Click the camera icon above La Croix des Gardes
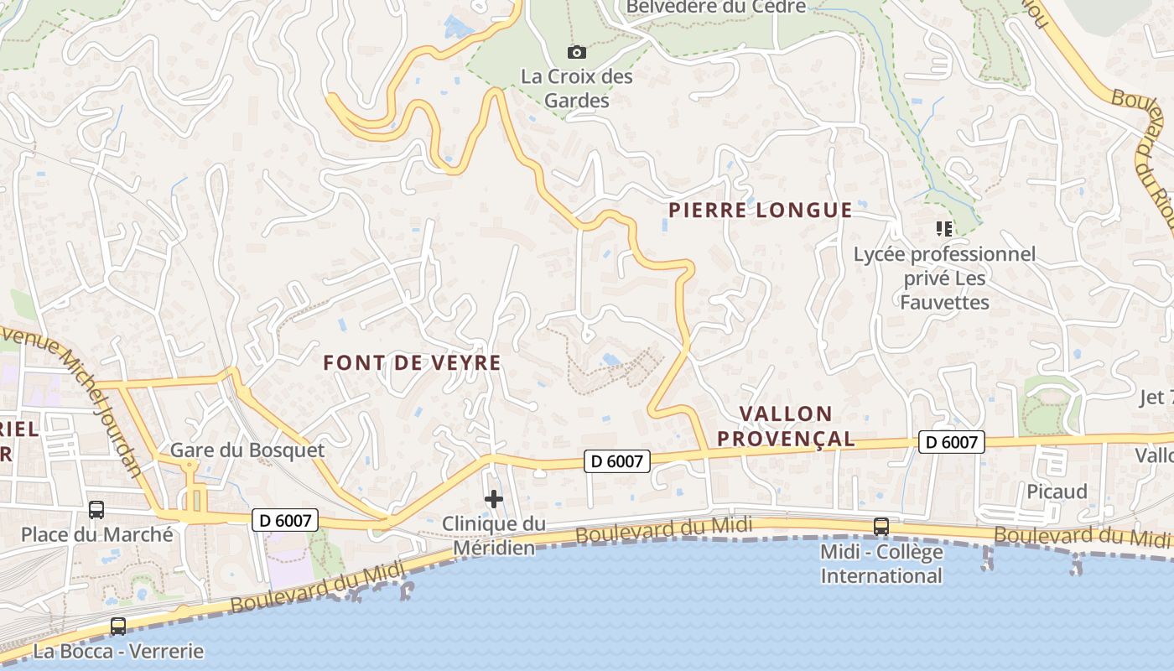click(576, 52)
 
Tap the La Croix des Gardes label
click(577, 88)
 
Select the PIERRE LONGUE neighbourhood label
click(760, 210)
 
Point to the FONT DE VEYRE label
click(412, 362)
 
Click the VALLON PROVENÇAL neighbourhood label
click(797, 426)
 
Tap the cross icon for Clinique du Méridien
click(494, 499)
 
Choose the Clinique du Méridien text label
click(494, 536)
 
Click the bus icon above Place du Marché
click(96, 509)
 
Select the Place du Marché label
click(97, 534)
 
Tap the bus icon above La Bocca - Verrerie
click(118, 626)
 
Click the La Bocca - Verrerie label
click(118, 651)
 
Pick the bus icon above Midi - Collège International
click(881, 526)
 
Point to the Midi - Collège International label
click(881, 564)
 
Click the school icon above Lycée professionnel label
click(944, 228)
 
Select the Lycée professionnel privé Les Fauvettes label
click(945, 278)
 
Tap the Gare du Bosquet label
click(247, 450)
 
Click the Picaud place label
click(1057, 491)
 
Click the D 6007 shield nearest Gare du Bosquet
click(284, 520)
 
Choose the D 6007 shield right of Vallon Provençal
click(951, 442)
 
